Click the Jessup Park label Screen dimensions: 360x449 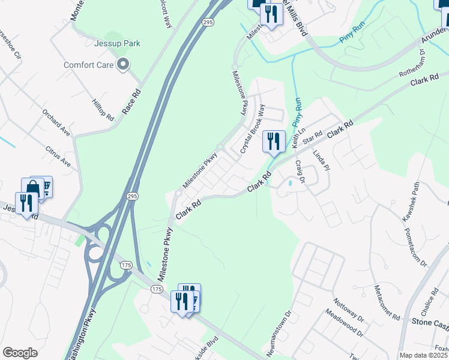click(100, 44)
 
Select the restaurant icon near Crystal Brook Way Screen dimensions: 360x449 click(274, 143)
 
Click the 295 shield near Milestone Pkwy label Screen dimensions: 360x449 click(133, 196)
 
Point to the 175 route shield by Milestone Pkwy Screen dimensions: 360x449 click(157, 289)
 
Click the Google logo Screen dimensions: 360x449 click(20, 353)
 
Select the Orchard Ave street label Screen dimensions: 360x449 click(56, 121)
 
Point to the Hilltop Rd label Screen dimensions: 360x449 click(103, 110)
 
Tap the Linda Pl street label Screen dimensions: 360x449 click(322, 161)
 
